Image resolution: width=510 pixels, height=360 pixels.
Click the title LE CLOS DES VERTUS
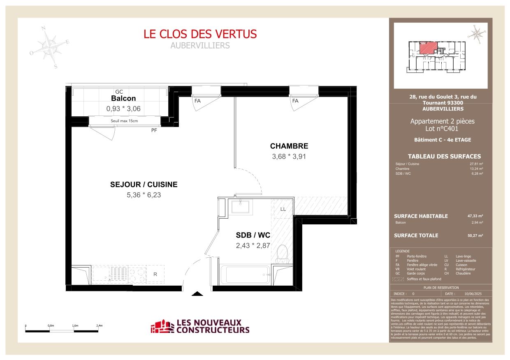tap(200, 34)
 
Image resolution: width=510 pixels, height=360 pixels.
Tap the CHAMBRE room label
tap(289, 146)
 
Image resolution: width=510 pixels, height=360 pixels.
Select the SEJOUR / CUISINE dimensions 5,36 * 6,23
tap(144, 195)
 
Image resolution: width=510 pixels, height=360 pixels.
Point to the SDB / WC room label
tap(253, 235)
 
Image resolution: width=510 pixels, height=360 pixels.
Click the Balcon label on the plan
tap(123, 99)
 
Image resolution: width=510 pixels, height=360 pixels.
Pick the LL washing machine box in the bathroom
tap(283, 209)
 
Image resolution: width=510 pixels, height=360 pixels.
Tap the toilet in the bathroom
tap(283, 254)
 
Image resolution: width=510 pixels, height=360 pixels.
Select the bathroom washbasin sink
tap(240, 206)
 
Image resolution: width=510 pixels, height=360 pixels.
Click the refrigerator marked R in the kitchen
tap(155, 274)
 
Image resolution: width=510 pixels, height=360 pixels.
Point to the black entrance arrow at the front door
tap(198, 294)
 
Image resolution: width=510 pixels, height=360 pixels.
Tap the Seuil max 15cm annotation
tap(124, 121)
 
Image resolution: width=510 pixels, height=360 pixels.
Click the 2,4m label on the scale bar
tap(99, 325)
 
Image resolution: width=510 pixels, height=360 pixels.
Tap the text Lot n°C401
tap(442, 129)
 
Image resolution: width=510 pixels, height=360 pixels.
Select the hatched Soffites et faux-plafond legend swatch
tap(398, 279)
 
